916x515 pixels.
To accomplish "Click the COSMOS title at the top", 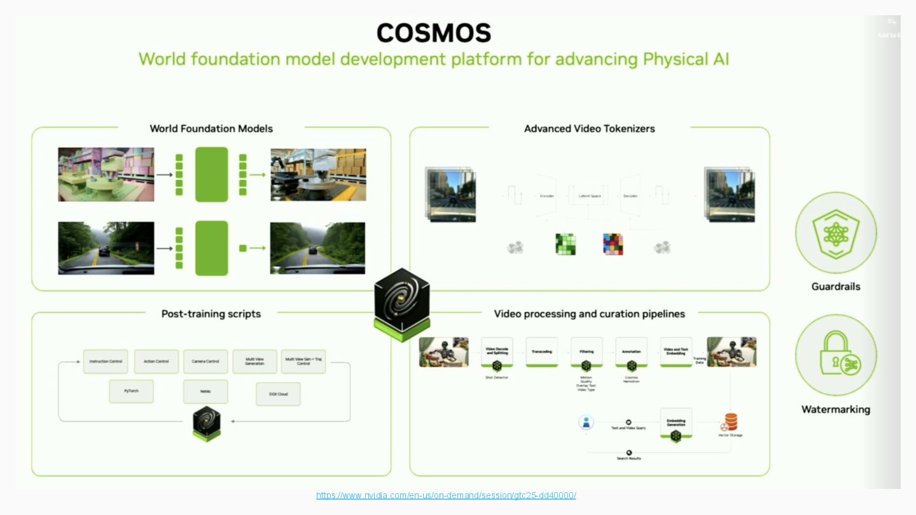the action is coord(434,33).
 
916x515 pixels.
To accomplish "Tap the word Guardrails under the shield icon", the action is coord(836,287).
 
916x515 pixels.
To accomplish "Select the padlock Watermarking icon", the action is coord(836,355).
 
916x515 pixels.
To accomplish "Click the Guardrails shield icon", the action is coord(836,233).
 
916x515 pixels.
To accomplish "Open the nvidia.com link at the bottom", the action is coord(446,495).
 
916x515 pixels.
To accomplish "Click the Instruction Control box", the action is coord(106,361).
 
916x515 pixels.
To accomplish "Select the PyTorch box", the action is coord(132,392).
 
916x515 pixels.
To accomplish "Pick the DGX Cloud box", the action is coord(278,394).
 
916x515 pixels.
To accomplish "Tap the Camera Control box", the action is coord(205,361).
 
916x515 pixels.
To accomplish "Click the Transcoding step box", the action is coord(542,352).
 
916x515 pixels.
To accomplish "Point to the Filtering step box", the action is coord(586,352).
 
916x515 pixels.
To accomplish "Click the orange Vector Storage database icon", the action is coord(730,422).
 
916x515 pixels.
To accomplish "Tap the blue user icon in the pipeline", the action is coord(586,422).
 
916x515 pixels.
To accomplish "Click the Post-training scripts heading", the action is coord(211,313).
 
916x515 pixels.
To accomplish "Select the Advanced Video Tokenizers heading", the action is coord(589,128).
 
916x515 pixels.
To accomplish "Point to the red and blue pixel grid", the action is coord(613,244).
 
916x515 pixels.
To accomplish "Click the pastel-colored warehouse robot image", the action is coord(106,175).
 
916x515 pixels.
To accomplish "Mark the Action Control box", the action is coord(156,361).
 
